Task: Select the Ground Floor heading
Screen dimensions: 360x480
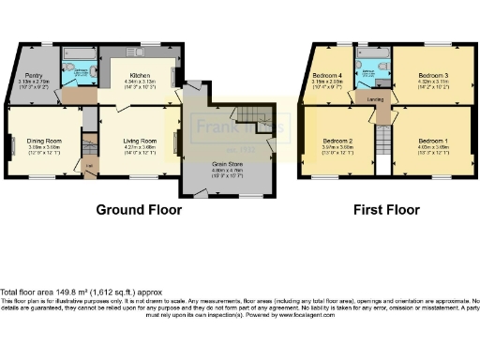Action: [138, 210]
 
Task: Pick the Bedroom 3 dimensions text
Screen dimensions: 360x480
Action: [432, 84]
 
